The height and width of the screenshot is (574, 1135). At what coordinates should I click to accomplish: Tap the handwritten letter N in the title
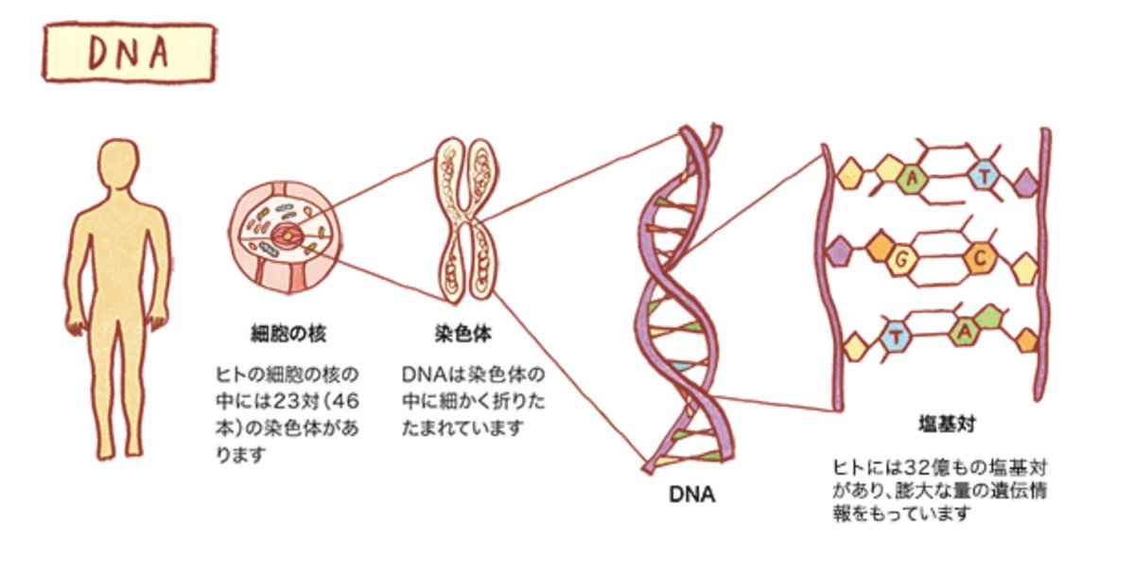129,52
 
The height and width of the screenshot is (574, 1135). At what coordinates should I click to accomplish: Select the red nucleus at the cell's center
287,235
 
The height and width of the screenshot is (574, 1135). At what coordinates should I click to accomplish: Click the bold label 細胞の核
288,334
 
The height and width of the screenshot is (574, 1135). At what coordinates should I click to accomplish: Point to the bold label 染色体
463,334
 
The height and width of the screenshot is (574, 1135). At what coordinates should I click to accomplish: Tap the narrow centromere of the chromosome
466,218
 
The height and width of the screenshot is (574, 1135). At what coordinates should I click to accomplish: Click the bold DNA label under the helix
691,494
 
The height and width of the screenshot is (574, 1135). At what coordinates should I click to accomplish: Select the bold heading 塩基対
947,424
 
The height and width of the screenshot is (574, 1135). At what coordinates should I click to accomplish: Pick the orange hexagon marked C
980,258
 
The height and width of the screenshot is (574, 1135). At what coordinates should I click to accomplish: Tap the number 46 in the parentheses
346,401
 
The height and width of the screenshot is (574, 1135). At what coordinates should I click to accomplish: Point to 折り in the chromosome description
508,401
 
